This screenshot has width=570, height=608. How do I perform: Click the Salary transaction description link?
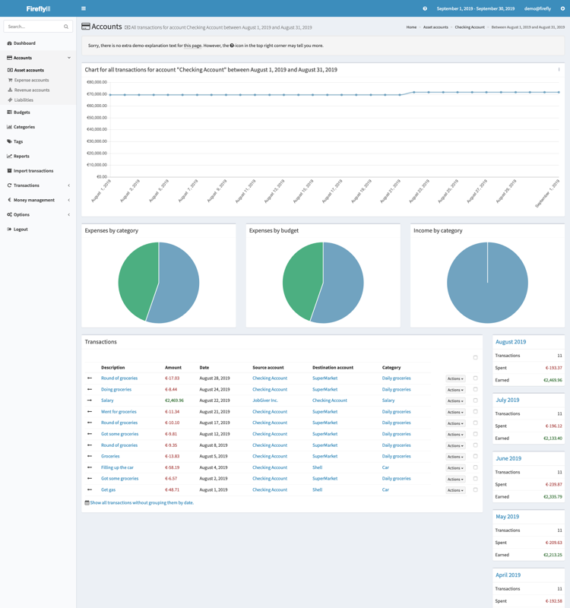[107, 401]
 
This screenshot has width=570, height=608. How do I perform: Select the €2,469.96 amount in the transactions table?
[174, 401]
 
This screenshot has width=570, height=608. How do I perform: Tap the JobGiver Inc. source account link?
[265, 401]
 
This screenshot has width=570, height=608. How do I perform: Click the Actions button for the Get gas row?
[455, 490]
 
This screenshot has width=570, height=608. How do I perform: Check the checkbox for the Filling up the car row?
[476, 467]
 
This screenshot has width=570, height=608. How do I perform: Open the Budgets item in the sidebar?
[22, 112]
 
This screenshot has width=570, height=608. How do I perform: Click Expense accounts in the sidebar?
[31, 80]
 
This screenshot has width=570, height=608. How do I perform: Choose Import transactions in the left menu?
[33, 171]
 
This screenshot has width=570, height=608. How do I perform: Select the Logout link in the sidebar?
[21, 229]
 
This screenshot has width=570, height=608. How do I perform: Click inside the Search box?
[33, 27]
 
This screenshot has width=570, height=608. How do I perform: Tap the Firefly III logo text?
[38, 8]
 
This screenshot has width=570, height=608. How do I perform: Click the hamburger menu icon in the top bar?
[84, 8]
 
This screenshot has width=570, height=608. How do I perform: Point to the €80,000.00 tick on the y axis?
[97, 82]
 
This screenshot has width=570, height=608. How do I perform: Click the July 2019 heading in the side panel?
[508, 400]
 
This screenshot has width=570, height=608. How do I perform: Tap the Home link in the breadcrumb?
[411, 27]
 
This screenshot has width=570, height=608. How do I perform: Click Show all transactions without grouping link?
[141, 503]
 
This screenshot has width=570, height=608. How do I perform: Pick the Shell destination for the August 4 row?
[317, 467]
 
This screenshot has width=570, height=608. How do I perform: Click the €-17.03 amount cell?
[173, 378]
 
